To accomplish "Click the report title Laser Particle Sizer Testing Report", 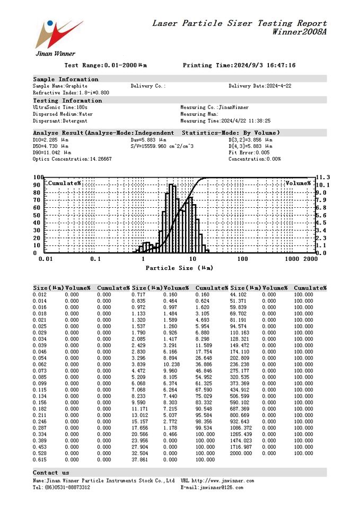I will coord(239,23).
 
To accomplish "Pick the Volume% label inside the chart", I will coord(298,183).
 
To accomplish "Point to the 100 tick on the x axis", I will coord(242,259).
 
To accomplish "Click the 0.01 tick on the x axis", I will coord(46,259).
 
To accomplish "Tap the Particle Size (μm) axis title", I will coord(180,268).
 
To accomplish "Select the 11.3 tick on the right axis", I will coord(323,178).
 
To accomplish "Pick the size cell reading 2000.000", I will coord(241,453).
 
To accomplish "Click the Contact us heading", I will coord(51,472).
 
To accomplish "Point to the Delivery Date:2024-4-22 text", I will coord(260,86).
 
